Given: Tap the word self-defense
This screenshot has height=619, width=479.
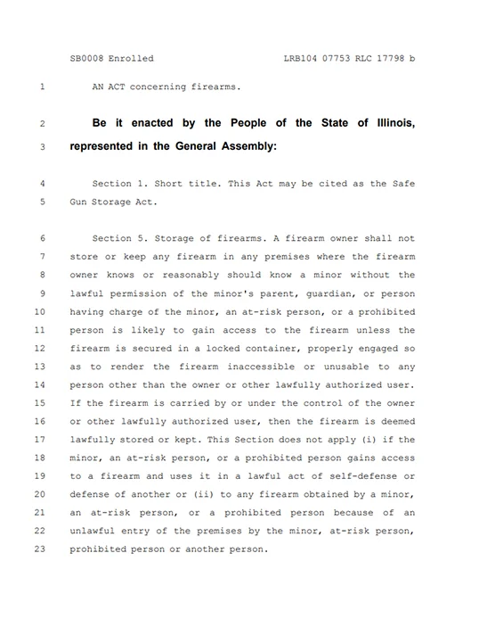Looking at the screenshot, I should point(373,476).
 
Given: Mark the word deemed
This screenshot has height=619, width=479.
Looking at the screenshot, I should point(397,421).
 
